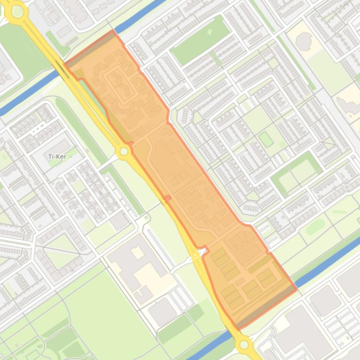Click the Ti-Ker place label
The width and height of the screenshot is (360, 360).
tap(57, 157)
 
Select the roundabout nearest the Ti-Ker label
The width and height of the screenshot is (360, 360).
tap(124, 151)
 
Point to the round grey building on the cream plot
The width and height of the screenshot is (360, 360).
tap(304, 42)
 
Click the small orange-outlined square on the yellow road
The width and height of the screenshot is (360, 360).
tap(168, 198)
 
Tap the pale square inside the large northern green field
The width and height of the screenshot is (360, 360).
tap(209, 32)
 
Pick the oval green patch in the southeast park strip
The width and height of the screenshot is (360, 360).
tap(315, 227)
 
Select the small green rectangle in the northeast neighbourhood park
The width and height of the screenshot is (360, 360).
tap(265, 139)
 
